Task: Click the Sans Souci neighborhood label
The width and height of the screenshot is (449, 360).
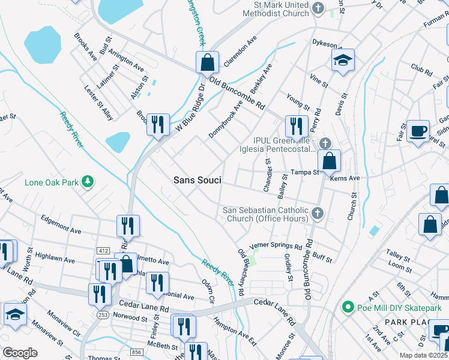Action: click(197, 180)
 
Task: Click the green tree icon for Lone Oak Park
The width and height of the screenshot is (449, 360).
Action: click(88, 181)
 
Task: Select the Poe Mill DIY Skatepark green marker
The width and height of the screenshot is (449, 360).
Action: click(346, 308)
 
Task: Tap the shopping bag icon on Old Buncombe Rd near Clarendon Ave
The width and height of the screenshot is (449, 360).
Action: click(206, 62)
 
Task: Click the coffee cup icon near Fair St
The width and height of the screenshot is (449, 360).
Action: click(418, 130)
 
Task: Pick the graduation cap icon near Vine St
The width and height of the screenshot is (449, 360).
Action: click(343, 60)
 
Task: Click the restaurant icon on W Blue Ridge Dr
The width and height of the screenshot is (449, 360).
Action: click(157, 125)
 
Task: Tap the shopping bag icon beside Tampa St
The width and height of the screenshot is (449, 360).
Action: click(329, 160)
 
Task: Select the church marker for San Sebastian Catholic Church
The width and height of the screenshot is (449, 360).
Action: click(318, 213)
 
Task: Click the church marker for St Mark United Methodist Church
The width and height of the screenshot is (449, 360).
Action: click(318, 8)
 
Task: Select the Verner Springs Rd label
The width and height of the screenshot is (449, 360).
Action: click(276, 246)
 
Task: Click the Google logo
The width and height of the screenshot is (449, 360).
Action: click(20, 353)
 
